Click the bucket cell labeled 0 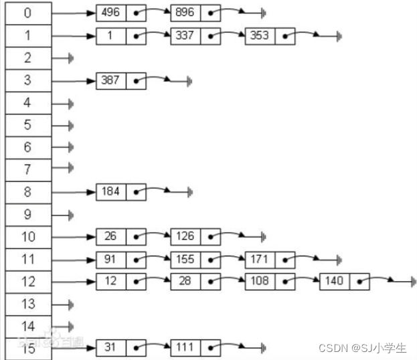[27, 13]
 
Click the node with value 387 [110, 80]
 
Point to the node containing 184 [110, 192]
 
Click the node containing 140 [333, 281]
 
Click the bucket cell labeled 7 [27, 169]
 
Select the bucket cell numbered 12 [27, 281]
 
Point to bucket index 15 [27, 348]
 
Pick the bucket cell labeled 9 [27, 214]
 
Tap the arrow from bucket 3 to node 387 [74, 80]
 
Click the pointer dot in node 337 [211, 35]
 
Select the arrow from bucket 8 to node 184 [74, 192]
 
